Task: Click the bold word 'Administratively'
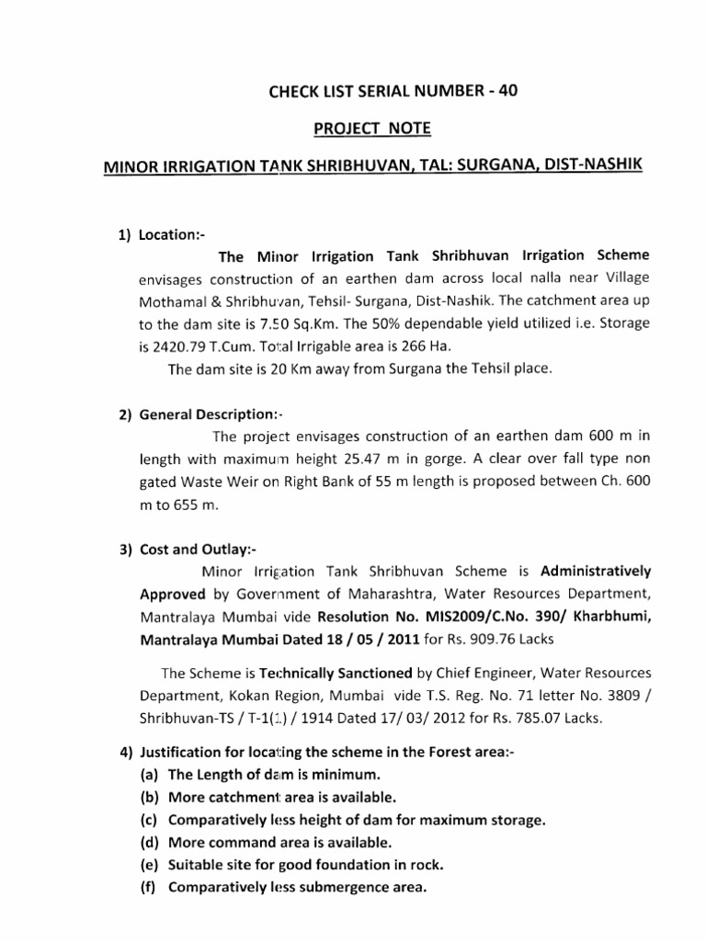596,572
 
